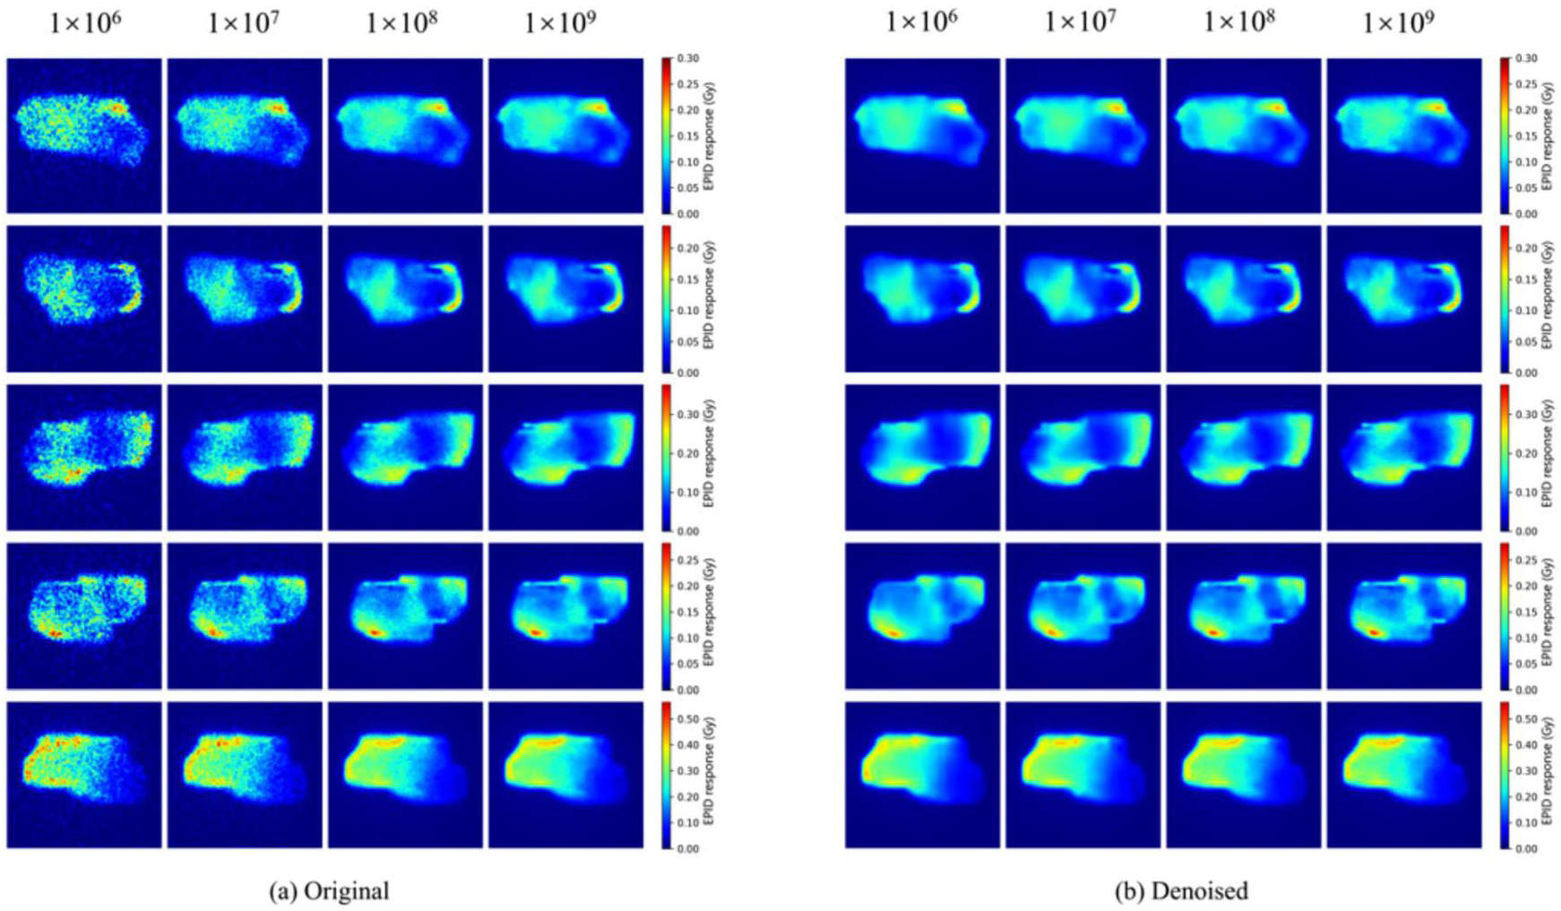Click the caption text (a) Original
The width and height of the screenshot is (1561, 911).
pyautogui.click(x=329, y=891)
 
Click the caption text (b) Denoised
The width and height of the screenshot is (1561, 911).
pyautogui.click(x=1180, y=891)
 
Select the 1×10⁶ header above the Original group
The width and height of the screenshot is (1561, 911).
pyautogui.click(x=85, y=23)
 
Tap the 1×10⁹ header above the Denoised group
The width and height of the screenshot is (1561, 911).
pyautogui.click(x=1398, y=23)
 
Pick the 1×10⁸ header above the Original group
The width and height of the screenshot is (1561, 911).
pyautogui.click(x=401, y=23)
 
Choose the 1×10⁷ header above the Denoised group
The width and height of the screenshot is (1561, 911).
pyautogui.click(x=1081, y=23)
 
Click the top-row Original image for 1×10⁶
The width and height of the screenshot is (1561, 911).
pyautogui.click(x=84, y=136)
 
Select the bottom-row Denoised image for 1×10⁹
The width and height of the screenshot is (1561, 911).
pyautogui.click(x=1403, y=775)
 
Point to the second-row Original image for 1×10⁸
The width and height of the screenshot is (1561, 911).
pyautogui.click(x=405, y=298)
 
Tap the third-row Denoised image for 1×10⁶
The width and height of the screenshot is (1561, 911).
pyautogui.click(x=922, y=458)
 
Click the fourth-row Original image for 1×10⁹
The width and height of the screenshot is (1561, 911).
pyautogui.click(x=565, y=616)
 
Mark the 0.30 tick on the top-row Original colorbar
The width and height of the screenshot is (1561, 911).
pyautogui.click(x=687, y=59)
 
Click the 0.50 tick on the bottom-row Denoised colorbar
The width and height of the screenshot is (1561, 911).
pyautogui.click(x=1526, y=719)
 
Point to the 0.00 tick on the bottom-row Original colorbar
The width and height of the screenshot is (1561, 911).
pyautogui.click(x=687, y=848)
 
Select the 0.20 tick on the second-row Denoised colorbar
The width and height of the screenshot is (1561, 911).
pyautogui.click(x=1526, y=248)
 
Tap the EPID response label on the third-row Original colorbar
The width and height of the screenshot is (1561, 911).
pyautogui.click(x=709, y=453)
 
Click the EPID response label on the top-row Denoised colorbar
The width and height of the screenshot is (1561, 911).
pyautogui.click(x=1548, y=136)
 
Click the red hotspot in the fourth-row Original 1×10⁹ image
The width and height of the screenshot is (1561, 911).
pyautogui.click(x=536, y=632)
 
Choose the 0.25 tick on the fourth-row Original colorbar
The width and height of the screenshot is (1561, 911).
pyautogui.click(x=687, y=560)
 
